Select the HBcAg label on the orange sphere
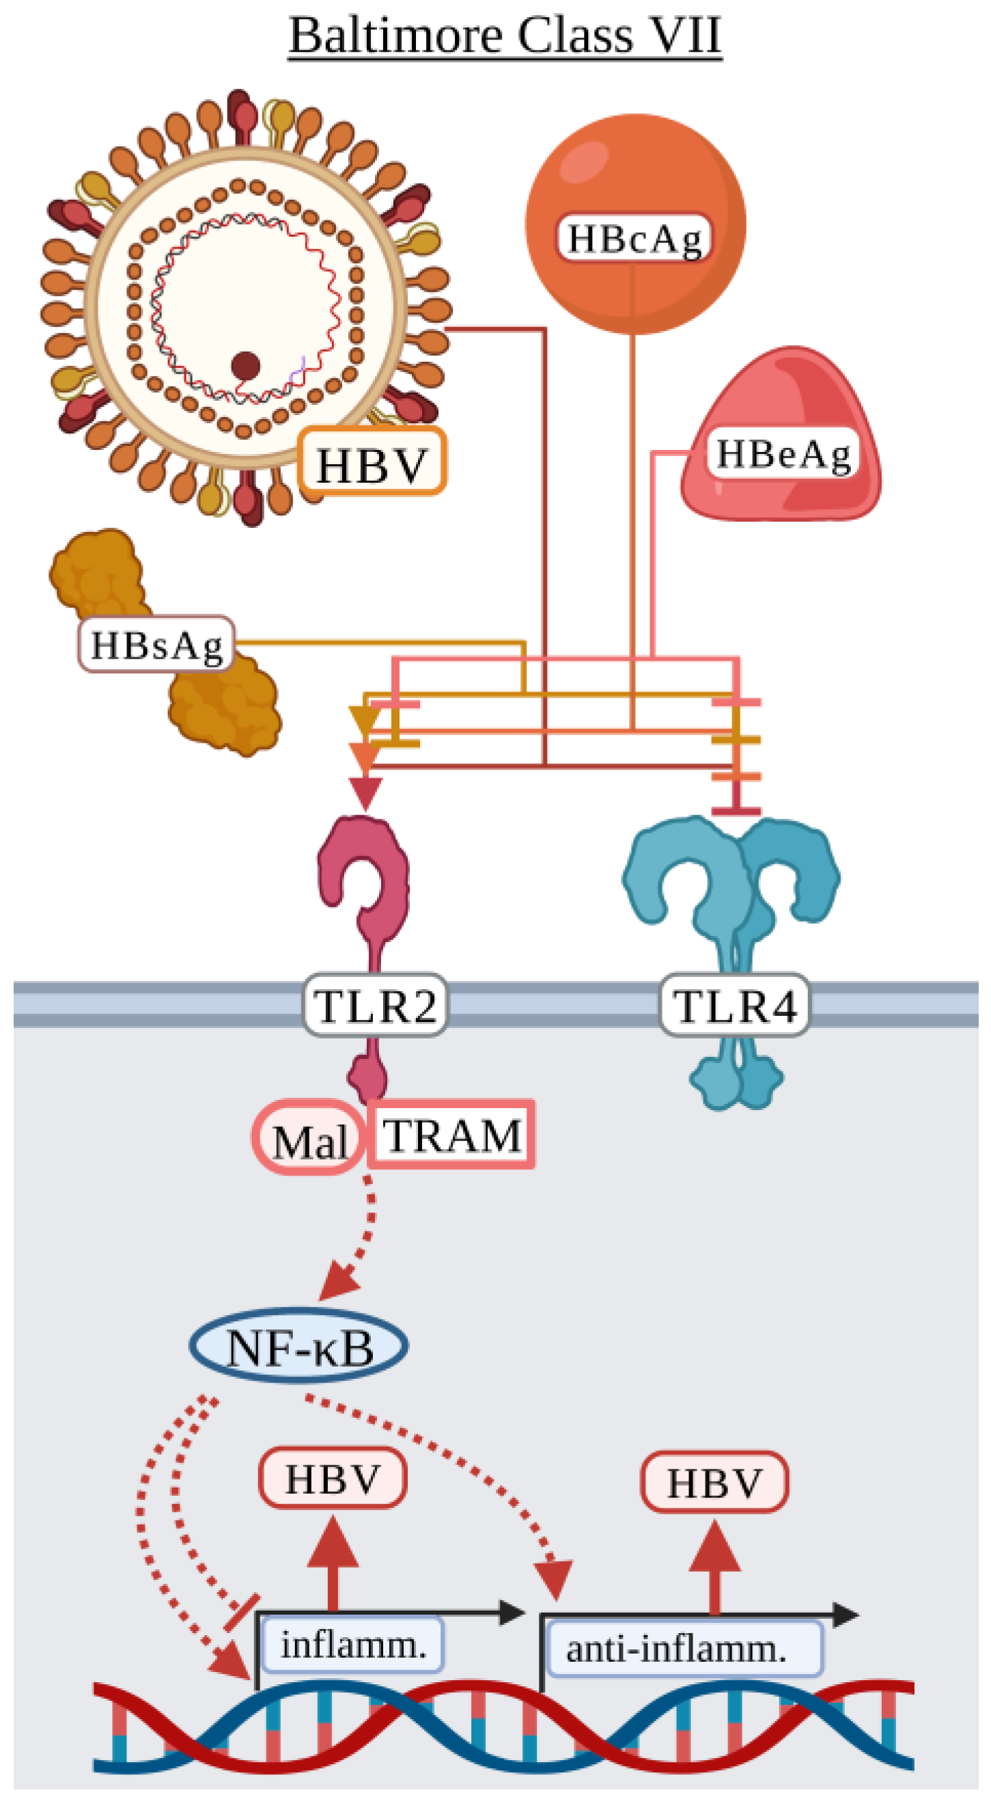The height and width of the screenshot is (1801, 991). coord(634,238)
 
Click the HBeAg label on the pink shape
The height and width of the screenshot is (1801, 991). coord(783,454)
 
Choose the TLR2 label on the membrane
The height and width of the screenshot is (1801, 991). coord(375,1006)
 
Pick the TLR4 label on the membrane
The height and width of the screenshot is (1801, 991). coord(734,1006)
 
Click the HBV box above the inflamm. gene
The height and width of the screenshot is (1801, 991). coord(333,1478)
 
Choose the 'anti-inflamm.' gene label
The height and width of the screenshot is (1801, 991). coord(676,1649)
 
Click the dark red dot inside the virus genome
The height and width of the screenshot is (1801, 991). coord(245,366)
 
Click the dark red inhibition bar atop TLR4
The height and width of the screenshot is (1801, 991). coord(736,811)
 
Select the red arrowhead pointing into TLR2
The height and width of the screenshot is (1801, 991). coord(365,793)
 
